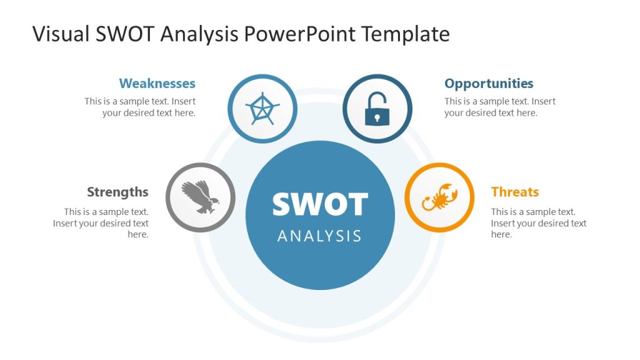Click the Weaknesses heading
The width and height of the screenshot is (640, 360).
point(157,83)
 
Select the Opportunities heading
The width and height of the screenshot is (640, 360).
point(489,83)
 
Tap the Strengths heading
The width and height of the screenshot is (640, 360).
point(117,192)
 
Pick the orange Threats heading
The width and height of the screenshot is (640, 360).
point(514,192)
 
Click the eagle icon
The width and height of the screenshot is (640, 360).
point(201,197)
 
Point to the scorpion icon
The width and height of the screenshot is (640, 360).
point(439,197)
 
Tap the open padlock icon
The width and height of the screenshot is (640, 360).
point(377,109)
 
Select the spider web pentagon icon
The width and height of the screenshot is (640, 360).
point(262,109)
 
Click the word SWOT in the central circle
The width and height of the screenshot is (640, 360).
point(320,204)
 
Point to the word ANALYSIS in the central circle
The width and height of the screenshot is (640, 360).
point(319,236)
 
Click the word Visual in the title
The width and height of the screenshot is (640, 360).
point(60,34)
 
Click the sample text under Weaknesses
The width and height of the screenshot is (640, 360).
point(141,107)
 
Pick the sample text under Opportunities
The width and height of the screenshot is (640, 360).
point(499,107)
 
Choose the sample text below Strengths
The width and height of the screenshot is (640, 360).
point(101,223)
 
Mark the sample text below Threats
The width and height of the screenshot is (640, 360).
point(538,223)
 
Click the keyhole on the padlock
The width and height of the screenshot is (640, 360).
point(377,116)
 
